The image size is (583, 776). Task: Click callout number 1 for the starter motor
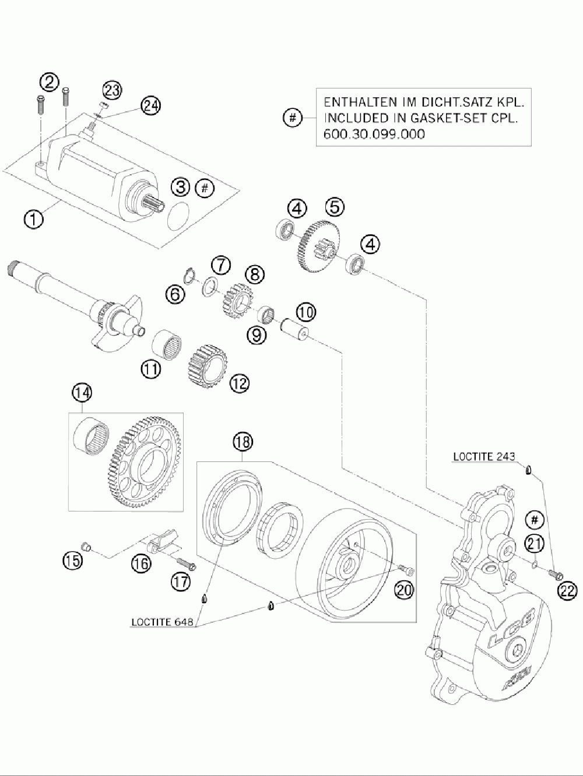(33, 220)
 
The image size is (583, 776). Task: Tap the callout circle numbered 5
(335, 206)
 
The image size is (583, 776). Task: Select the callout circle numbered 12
(240, 382)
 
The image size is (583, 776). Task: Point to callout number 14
(82, 393)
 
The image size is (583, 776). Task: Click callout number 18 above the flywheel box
(243, 442)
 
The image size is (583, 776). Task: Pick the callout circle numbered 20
(403, 590)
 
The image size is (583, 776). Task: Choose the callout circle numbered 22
(567, 591)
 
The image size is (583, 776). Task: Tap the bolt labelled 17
(185, 564)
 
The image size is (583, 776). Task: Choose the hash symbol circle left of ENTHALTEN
(292, 118)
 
